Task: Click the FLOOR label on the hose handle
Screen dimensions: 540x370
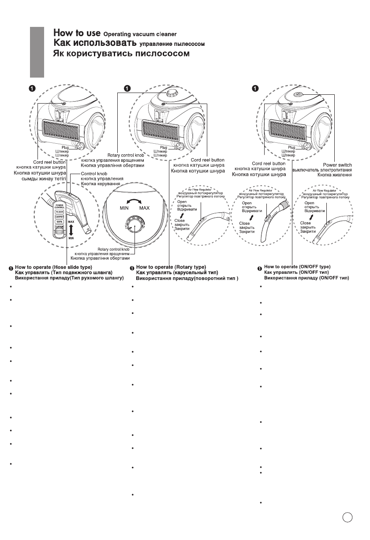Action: [x=59, y=212]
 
